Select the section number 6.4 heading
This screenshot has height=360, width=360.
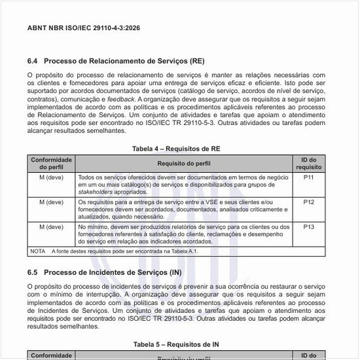[35, 61]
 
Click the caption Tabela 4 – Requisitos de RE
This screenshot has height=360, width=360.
[176, 149]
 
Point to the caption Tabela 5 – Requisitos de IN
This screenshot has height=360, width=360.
[176, 344]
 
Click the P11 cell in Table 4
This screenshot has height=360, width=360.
[309, 177]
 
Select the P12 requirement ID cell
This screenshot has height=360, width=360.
[309, 202]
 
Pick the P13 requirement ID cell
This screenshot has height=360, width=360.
[309, 226]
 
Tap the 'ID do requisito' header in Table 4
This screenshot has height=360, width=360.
[309, 163]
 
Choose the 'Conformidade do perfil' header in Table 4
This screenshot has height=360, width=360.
[51, 163]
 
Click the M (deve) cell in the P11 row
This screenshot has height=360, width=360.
[51, 177]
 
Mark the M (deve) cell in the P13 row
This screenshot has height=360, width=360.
[51, 226]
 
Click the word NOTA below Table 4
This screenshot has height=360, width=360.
[38, 251]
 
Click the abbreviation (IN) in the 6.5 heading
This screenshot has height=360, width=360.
[175, 271]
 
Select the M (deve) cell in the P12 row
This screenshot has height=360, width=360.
[51, 202]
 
